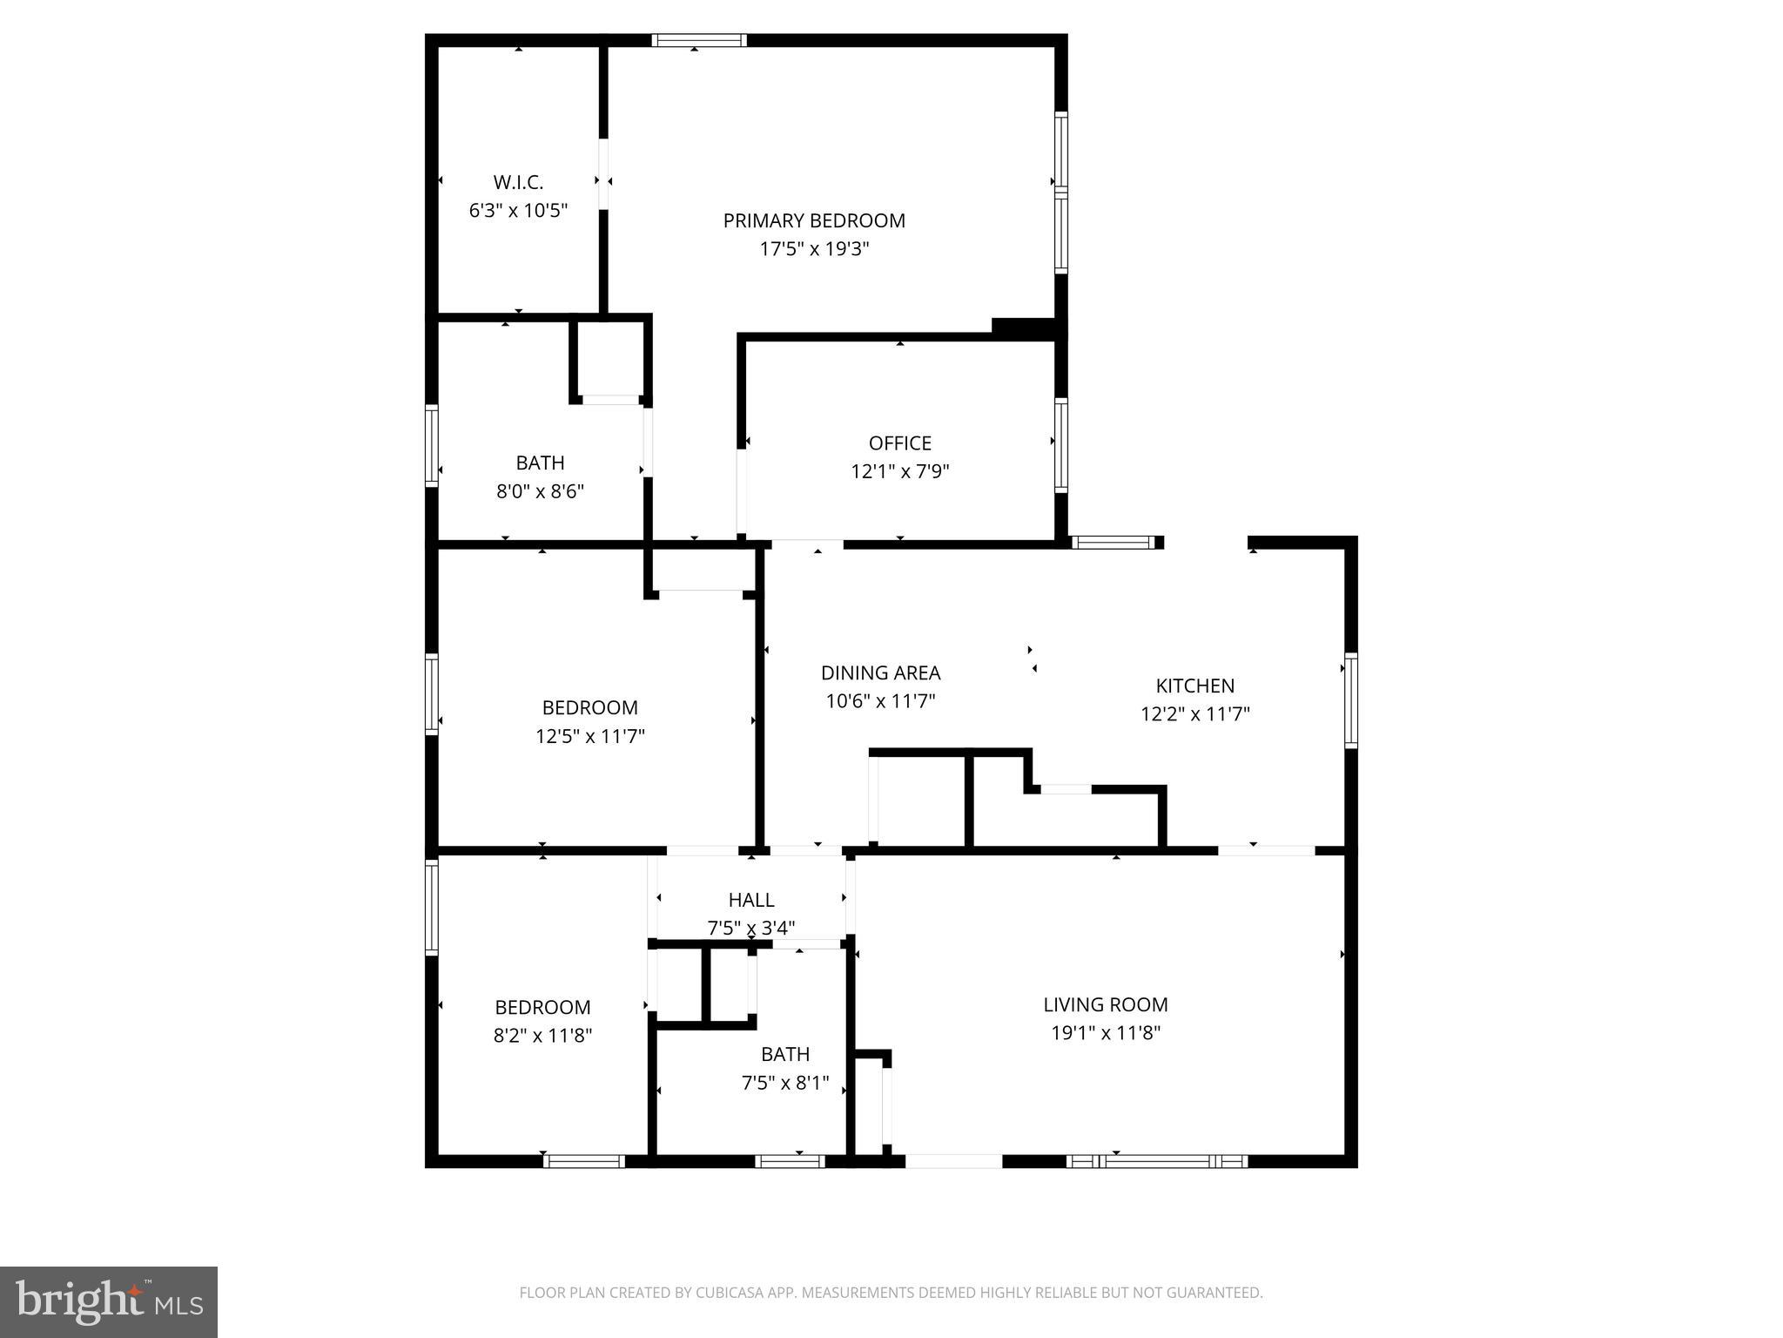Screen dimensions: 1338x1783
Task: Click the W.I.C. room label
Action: tap(518, 182)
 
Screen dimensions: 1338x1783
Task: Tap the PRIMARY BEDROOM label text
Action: tap(814, 220)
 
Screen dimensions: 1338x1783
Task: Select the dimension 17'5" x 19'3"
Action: tap(814, 249)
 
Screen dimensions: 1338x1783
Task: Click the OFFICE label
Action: tap(899, 443)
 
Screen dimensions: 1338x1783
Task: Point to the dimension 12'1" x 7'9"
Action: tap(899, 471)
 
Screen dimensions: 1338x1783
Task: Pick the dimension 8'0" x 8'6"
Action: tap(540, 491)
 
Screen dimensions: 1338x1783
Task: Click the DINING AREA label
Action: tap(880, 672)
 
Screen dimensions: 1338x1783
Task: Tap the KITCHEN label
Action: tap(1194, 686)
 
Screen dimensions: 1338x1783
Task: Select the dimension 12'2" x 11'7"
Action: tap(1194, 714)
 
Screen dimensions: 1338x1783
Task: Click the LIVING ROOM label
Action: tap(1105, 1004)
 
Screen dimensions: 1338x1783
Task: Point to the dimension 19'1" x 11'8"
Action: tap(1105, 1033)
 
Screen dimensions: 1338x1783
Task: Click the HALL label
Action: tap(750, 900)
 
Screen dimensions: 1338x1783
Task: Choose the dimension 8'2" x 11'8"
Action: tap(542, 1036)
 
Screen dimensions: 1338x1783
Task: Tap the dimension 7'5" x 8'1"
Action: tap(784, 1084)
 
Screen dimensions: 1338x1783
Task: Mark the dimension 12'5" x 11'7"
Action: tap(589, 736)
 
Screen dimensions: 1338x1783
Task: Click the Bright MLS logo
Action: tap(109, 1301)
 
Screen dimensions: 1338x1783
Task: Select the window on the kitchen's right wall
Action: tap(1350, 699)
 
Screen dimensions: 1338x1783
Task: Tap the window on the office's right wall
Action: tap(1060, 445)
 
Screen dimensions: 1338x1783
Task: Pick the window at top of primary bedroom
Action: tap(699, 40)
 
